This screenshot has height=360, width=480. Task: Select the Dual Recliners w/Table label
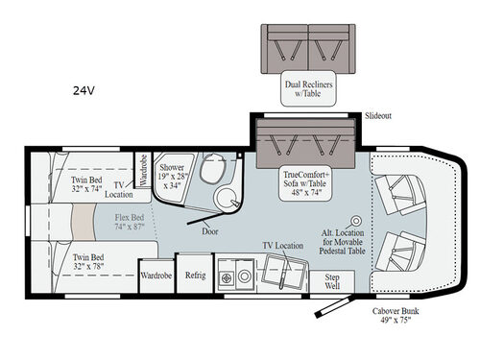click(306, 89)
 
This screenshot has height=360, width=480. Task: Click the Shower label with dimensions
click(175, 171)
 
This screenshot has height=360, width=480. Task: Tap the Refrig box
click(196, 274)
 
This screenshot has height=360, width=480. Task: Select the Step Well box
click(333, 280)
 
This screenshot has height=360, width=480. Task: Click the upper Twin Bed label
click(91, 184)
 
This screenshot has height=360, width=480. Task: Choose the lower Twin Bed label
click(91, 262)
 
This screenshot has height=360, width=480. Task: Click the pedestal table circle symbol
click(356, 221)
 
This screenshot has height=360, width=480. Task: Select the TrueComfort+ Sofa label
click(306, 183)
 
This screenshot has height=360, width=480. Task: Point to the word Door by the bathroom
click(211, 231)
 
